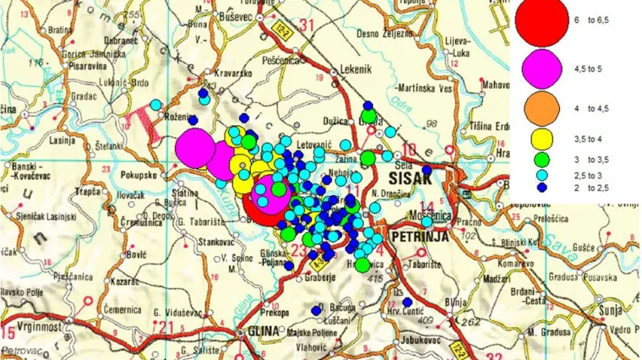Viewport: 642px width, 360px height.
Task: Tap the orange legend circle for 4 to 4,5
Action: click(541, 107)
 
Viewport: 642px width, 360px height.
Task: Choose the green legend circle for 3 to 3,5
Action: click(541, 158)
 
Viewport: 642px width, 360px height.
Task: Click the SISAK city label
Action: click(410, 179)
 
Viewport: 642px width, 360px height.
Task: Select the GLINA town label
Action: click(261, 331)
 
